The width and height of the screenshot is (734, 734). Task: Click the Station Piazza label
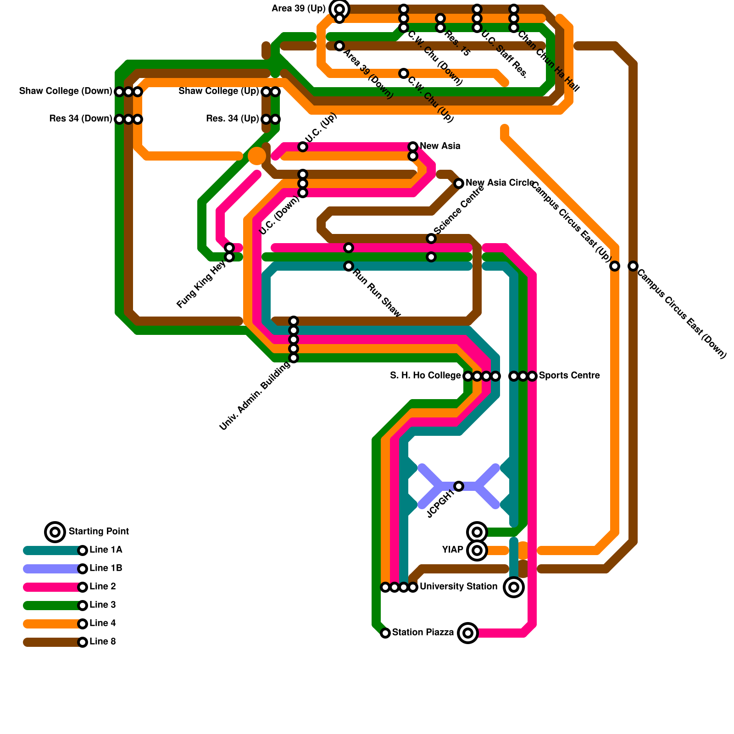click(x=423, y=633)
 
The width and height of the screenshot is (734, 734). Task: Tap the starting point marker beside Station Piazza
click(x=468, y=633)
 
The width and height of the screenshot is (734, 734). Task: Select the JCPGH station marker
click(x=459, y=486)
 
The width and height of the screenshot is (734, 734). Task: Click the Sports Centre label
click(x=569, y=376)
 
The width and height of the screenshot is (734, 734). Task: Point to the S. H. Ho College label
click(x=425, y=376)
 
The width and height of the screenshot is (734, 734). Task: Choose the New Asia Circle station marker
click(x=459, y=183)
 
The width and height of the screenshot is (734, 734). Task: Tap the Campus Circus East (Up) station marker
click(x=615, y=266)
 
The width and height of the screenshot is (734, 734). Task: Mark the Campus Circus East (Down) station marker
click(x=633, y=266)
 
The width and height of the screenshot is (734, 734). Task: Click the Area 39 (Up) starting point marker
click(x=339, y=9)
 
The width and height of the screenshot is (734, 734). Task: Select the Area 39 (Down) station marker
click(x=339, y=46)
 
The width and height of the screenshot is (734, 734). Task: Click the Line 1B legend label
click(x=106, y=568)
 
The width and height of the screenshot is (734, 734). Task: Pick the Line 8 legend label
click(x=103, y=642)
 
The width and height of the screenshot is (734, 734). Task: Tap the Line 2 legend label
click(x=103, y=587)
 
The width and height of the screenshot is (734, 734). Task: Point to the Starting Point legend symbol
click(x=55, y=532)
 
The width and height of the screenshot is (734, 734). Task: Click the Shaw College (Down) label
click(x=66, y=91)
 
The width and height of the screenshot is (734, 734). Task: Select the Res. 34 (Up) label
click(x=233, y=119)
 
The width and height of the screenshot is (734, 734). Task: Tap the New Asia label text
click(x=440, y=146)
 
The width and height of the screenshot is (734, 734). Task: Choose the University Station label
click(x=458, y=587)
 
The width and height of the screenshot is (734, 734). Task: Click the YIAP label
click(x=453, y=550)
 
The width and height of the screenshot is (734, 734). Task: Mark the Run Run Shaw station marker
click(x=349, y=266)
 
